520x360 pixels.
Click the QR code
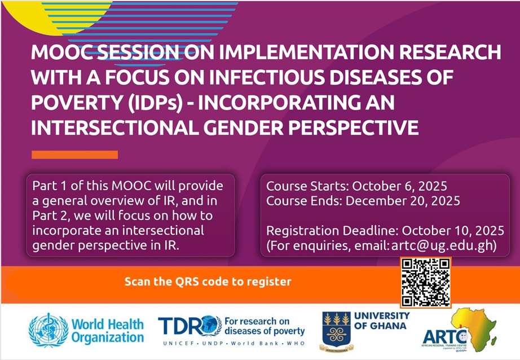[x=426, y=283]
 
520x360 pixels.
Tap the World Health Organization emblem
[x=49, y=330]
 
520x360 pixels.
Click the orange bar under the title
[x=74, y=155]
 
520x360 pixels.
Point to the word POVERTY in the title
[x=77, y=102]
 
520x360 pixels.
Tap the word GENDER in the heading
[x=244, y=128]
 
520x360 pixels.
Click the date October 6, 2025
[x=400, y=186]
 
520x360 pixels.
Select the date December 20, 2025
[x=403, y=201]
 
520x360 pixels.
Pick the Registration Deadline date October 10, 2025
[x=453, y=231]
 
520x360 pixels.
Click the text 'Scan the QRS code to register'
[x=208, y=282]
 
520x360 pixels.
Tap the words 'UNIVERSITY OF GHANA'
[x=382, y=321]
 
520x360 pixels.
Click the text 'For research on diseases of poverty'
[x=265, y=326]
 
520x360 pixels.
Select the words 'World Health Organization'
[x=108, y=331]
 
